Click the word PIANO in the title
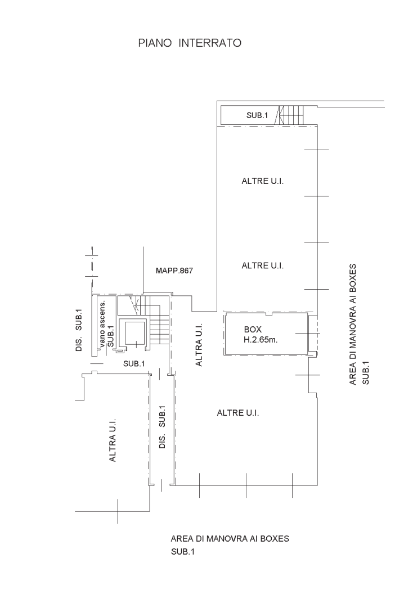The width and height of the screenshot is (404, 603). click(x=155, y=43)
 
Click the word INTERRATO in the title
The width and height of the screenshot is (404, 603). click(x=210, y=43)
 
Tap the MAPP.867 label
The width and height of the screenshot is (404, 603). click(x=174, y=271)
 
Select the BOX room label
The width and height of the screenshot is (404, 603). click(x=253, y=330)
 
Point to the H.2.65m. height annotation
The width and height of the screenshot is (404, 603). click(x=261, y=340)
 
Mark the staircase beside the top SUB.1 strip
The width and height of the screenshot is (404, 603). click(x=289, y=115)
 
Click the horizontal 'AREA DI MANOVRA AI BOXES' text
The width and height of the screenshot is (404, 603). click(x=230, y=539)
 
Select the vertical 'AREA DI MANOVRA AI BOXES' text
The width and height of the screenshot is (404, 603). click(x=353, y=325)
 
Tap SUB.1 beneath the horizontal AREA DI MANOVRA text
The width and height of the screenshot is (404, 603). click(x=183, y=552)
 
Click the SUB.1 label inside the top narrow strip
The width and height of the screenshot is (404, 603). click(x=257, y=115)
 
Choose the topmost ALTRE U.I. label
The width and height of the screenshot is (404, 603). click(x=262, y=181)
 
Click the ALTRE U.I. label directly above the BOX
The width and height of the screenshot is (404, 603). click(x=262, y=265)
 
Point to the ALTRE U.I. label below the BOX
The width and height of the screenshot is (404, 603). click(x=238, y=413)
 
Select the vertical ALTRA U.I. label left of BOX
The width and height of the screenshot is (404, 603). click(x=199, y=345)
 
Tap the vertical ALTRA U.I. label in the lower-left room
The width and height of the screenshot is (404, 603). click(x=113, y=440)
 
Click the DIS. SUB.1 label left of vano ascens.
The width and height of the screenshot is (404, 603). click(x=79, y=330)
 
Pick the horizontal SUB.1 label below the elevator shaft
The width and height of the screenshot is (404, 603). click(x=134, y=363)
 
